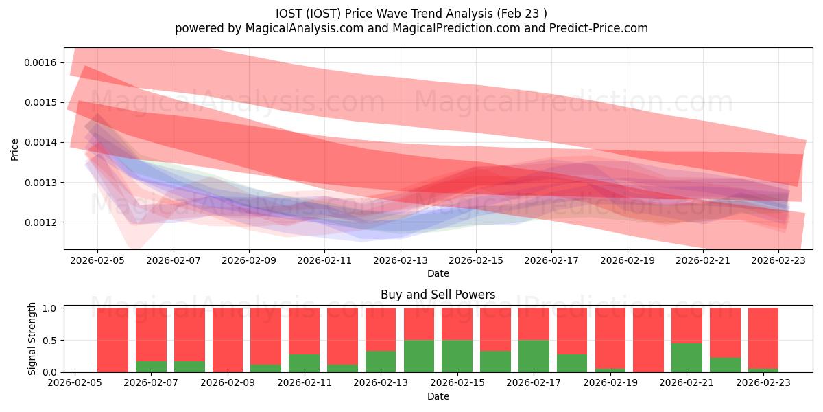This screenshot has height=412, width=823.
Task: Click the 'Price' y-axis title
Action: (x=15, y=149)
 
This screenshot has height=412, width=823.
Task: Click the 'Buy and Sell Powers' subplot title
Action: (x=438, y=295)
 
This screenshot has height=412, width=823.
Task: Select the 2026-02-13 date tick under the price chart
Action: (x=401, y=260)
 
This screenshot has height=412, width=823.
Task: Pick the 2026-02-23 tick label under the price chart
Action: (x=779, y=260)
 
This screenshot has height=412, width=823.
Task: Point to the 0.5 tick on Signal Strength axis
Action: (x=49, y=341)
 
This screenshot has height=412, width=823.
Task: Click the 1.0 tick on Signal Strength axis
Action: (x=49, y=308)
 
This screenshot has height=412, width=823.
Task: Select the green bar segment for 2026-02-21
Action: (x=687, y=358)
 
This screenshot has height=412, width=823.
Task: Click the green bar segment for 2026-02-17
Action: (x=533, y=356)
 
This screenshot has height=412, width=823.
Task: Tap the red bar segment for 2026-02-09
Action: (x=228, y=340)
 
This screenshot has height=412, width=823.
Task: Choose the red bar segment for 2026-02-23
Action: (x=763, y=338)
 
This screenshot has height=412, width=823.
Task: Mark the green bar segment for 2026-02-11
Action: (x=304, y=363)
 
